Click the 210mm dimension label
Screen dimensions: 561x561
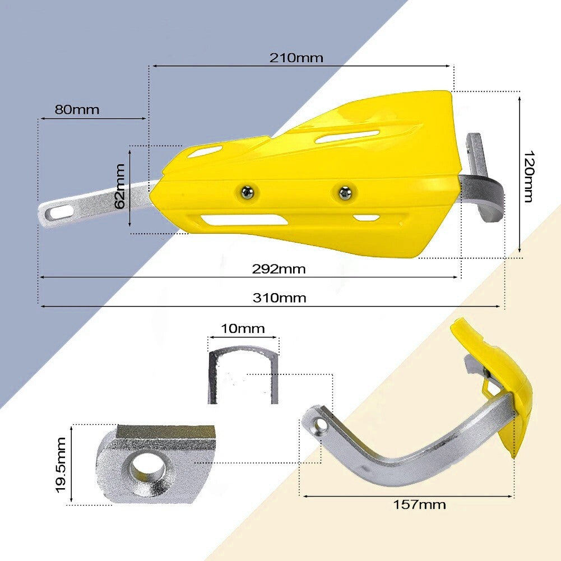[x=296, y=58]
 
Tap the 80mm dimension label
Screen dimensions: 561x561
[x=77, y=109]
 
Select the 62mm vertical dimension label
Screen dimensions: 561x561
[x=119, y=186]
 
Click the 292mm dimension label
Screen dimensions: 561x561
[x=279, y=269]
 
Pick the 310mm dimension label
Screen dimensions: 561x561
[x=279, y=298]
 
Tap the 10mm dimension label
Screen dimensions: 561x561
[x=243, y=328]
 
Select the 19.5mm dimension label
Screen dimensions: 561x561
[x=62, y=465]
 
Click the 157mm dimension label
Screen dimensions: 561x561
[x=419, y=504]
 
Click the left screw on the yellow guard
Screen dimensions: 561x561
[x=247, y=192]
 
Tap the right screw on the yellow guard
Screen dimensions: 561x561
[x=344, y=193]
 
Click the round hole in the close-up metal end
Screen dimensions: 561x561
[x=147, y=465]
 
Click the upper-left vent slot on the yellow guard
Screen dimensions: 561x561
[x=205, y=150]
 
